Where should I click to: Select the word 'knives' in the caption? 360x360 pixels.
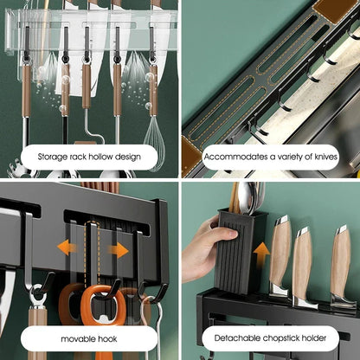pyautogui.click(x=320, y=157)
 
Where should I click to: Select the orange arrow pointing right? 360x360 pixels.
pyautogui.click(x=118, y=249)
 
